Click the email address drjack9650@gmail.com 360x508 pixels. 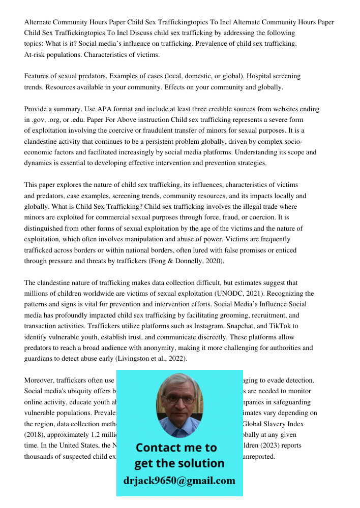tap(179, 481)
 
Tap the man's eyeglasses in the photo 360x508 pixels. tap(178, 399)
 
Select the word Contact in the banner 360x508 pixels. tap(159, 448)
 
